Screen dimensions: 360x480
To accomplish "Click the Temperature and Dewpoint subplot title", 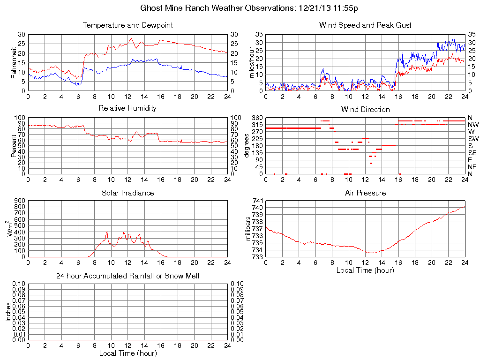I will click(127, 25).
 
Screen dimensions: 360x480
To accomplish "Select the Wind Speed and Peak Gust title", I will click(365, 25).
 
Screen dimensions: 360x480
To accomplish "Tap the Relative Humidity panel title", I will click(127, 108).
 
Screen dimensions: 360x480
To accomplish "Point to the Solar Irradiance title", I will click(127, 193).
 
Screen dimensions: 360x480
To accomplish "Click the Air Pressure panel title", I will click(365, 193).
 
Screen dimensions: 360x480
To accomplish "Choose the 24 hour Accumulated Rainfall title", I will click(127, 276).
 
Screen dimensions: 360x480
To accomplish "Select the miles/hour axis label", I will click(252, 62).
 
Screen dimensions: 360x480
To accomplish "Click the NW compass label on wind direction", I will click(473, 125).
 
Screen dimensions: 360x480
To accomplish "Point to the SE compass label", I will click(472, 153).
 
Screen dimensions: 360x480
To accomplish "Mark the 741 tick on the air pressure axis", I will click(257, 201).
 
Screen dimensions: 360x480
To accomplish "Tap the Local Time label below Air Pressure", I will click(365, 270).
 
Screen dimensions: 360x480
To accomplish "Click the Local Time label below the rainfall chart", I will click(127, 353).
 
